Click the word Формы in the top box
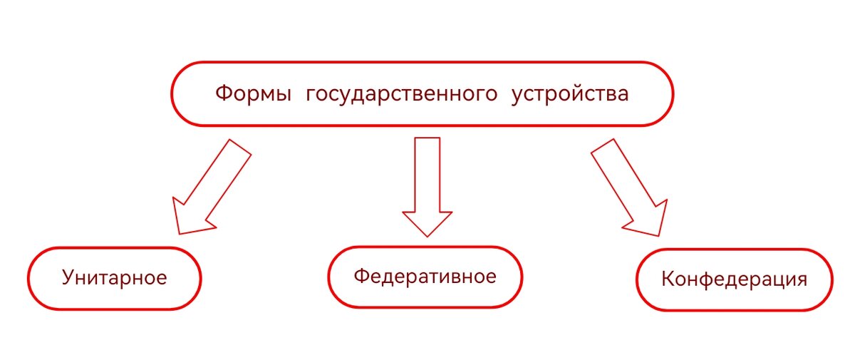coord(252,94)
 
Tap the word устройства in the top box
coord(570,95)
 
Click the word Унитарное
coord(114,277)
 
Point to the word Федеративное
coord(425,276)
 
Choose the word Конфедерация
coord(734,279)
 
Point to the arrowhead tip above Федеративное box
coord(427,235)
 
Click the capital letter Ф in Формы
coord(222,94)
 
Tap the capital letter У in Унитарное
coord(68,277)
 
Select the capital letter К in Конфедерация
coord(668,279)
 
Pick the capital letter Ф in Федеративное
coord(361,276)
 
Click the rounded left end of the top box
coord(173,94)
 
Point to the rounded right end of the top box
coord(672,94)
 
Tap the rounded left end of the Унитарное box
coord(30,278)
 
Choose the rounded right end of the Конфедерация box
coord(831,279)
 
